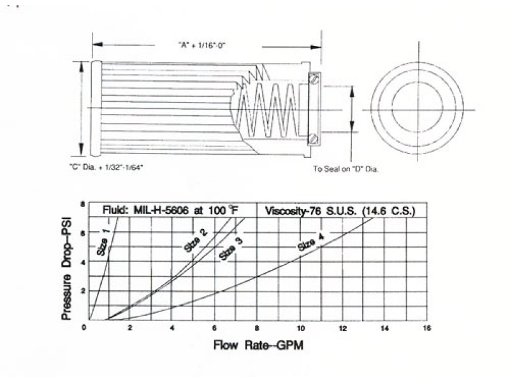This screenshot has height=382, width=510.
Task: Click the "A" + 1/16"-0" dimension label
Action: tap(201, 45)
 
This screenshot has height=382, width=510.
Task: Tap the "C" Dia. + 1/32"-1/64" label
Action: tap(106, 167)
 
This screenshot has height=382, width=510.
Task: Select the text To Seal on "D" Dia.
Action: tap(346, 169)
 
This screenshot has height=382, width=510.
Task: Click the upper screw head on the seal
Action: tap(314, 79)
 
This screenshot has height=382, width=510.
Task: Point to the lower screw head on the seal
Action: tap(314, 139)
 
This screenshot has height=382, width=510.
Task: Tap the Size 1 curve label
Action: tap(103, 242)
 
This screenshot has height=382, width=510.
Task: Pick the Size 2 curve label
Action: tap(196, 241)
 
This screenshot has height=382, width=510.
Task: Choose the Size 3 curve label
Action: tap(231, 249)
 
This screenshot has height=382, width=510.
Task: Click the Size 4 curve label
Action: tap(311, 242)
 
